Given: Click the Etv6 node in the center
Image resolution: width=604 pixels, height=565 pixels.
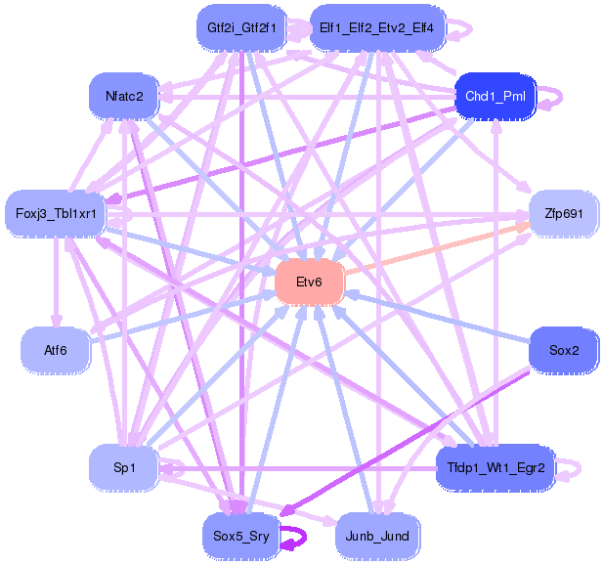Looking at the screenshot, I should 310,282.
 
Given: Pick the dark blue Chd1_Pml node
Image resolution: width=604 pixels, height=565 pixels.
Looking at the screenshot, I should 496,96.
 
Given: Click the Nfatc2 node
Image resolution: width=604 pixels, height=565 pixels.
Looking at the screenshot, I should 124,96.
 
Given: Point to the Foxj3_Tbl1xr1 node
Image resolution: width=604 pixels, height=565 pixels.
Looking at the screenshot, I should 55,213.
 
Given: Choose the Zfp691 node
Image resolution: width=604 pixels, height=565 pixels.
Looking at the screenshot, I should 563,213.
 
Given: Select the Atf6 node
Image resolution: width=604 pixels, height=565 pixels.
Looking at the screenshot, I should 55,348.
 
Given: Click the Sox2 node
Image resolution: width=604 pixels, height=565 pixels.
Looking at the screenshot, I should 563,348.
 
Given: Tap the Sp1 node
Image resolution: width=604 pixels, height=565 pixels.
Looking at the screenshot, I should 124,468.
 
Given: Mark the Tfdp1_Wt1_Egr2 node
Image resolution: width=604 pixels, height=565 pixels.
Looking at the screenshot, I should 496,468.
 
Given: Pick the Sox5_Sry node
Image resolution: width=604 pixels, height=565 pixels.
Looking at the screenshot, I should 239,535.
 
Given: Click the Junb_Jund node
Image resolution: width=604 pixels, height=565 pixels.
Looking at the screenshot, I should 376,535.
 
